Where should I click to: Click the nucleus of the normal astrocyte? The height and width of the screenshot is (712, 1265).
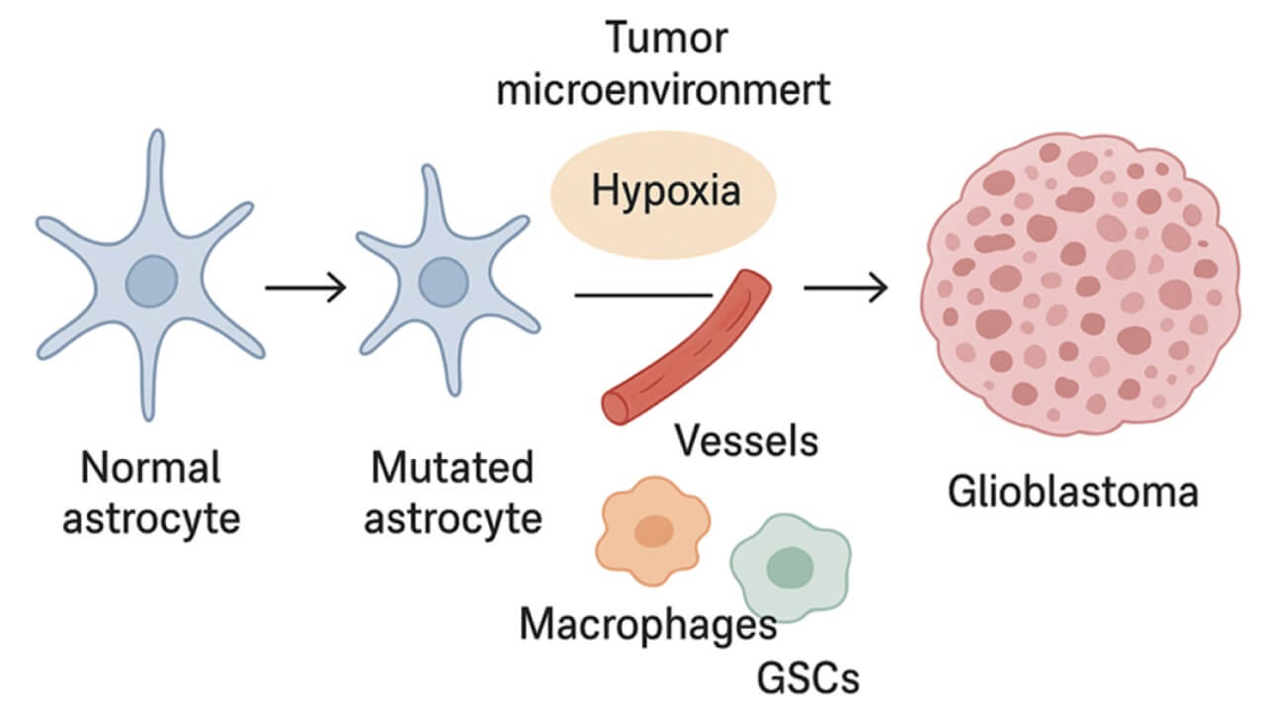153,280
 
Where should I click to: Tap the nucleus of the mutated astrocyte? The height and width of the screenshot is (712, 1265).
443,283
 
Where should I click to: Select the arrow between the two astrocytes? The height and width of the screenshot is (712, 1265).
305,289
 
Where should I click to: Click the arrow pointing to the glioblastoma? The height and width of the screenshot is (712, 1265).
845,289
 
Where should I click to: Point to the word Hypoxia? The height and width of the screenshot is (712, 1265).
665,190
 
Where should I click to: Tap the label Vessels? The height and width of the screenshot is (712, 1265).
746,441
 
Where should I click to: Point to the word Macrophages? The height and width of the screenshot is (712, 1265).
647,624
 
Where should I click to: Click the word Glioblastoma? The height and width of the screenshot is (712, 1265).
1072,491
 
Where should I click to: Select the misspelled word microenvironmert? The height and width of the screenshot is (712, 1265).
663,91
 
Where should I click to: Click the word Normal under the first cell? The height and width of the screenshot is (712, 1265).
151,468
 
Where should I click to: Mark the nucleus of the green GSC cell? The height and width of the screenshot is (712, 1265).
790,567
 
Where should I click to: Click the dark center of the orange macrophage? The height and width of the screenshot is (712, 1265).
653,531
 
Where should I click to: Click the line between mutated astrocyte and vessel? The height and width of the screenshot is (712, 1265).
642,294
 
